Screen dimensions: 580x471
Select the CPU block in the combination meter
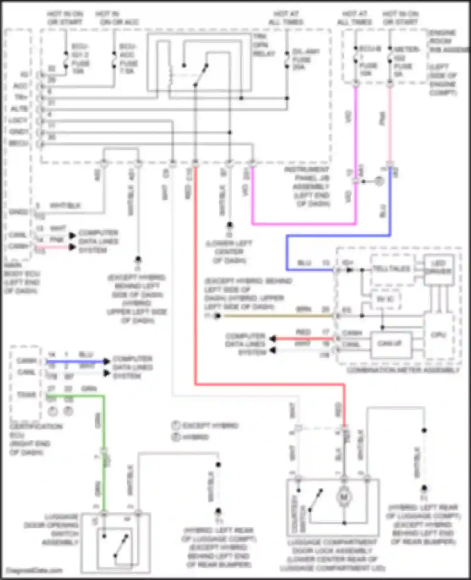438,336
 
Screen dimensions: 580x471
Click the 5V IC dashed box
385,299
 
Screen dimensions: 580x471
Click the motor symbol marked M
344,497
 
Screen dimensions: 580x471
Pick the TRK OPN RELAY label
264,45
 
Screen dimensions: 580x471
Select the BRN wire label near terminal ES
304,309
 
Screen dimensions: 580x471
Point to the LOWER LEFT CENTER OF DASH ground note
229,252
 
